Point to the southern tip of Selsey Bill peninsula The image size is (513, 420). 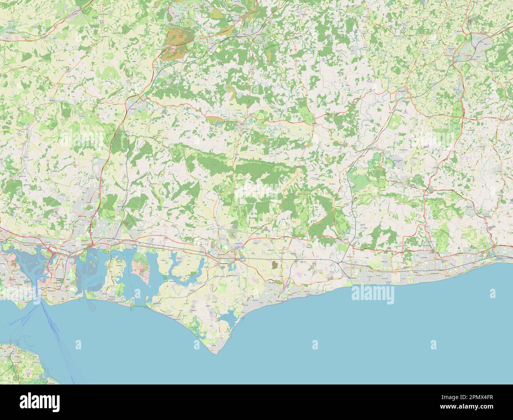tap(213, 353)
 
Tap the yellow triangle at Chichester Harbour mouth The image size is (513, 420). tap(146, 304)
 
